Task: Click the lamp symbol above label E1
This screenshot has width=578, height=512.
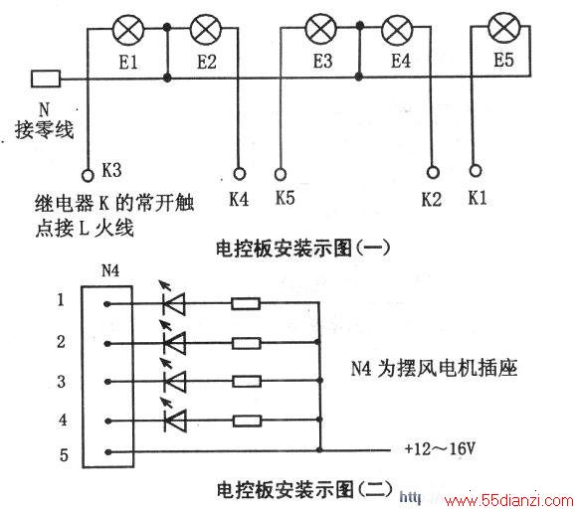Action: pos(128,29)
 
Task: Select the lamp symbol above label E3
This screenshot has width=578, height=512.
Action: pos(321,29)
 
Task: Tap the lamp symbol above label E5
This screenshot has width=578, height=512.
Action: pos(504,27)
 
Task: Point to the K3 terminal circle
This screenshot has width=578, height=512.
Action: pos(88,175)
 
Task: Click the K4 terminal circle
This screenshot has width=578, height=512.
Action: pos(240,174)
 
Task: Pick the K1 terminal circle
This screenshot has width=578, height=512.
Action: pos(476,170)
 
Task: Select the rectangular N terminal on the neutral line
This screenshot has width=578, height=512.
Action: pos(46,79)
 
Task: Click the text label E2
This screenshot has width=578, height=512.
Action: pos(207,62)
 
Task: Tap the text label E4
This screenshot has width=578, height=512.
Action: pos(401,61)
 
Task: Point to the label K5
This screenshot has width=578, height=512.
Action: pos(286,198)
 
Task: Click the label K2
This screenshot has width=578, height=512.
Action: pos(432,199)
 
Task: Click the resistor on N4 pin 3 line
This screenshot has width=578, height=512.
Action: pos(247,381)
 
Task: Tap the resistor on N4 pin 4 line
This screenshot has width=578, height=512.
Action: pos(248,421)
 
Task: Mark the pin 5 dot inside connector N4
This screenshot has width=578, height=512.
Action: pos(107,452)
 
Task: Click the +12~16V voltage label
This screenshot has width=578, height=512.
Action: pos(440,448)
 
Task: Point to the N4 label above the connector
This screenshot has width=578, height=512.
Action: pos(110,271)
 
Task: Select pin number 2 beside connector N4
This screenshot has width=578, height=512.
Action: pos(62,342)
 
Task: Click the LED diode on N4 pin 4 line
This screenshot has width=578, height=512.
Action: pos(174,420)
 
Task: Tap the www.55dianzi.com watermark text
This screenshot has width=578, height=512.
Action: pos(509,501)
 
